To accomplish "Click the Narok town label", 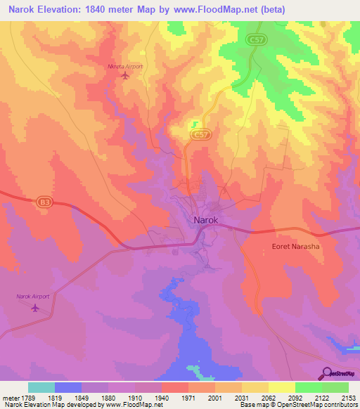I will [x=207, y=220].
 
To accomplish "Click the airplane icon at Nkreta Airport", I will [x=125, y=75].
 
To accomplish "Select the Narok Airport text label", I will [x=34, y=297].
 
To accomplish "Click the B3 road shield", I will [x=45, y=202].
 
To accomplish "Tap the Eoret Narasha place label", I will [x=295, y=247].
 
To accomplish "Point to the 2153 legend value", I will [x=348, y=397].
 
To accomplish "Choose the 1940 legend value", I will [x=160, y=397].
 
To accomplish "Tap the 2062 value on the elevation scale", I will [x=268, y=397].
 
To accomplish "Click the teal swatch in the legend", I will [x=41, y=387].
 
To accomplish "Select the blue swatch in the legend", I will [x=68, y=387].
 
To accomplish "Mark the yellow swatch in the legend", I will [x=281, y=387].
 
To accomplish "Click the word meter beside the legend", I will [x=8, y=397].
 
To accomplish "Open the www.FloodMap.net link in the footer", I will [x=139, y=405].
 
